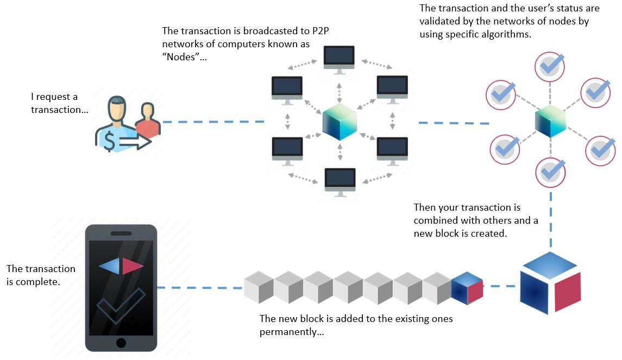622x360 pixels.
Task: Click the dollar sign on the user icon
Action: [x=110, y=142]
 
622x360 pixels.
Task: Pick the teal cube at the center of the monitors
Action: [x=339, y=122]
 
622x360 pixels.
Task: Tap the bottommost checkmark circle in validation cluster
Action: [x=550, y=172]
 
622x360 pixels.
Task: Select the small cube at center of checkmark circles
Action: [x=550, y=121]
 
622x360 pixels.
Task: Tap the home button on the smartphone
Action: [x=121, y=343]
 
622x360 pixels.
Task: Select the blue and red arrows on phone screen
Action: [x=121, y=266]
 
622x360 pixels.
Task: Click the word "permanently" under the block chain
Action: [x=288, y=331]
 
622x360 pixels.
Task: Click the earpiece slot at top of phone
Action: [x=121, y=233]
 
